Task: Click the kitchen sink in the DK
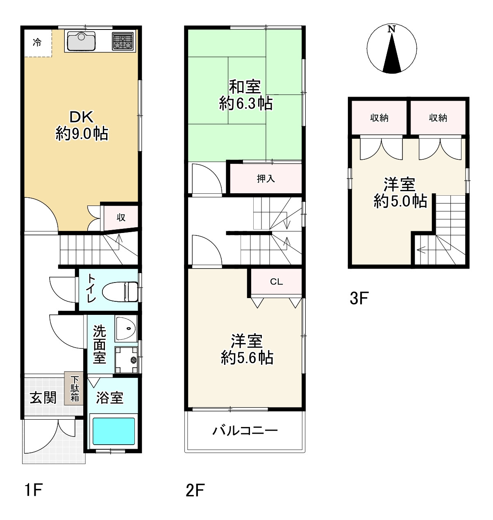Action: click(x=81, y=41)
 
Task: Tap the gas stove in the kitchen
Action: click(x=123, y=41)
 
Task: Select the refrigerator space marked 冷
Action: click(x=37, y=42)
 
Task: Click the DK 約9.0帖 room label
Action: click(x=82, y=126)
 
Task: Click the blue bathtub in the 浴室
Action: click(x=114, y=431)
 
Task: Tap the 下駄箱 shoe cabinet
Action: click(x=75, y=389)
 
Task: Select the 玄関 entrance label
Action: click(x=43, y=397)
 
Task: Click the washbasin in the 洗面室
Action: click(x=126, y=329)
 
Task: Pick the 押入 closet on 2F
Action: click(x=266, y=179)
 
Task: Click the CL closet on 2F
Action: click(x=276, y=282)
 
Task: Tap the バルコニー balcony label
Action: click(x=245, y=430)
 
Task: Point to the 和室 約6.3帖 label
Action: click(x=245, y=95)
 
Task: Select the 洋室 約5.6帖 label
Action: click(x=247, y=349)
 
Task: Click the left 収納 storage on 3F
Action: click(x=379, y=118)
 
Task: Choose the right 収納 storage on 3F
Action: click(x=438, y=118)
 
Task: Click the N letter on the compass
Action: click(x=392, y=29)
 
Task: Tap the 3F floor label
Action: click(x=359, y=298)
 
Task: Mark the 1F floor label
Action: click(x=33, y=490)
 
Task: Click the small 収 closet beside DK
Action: click(x=121, y=217)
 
